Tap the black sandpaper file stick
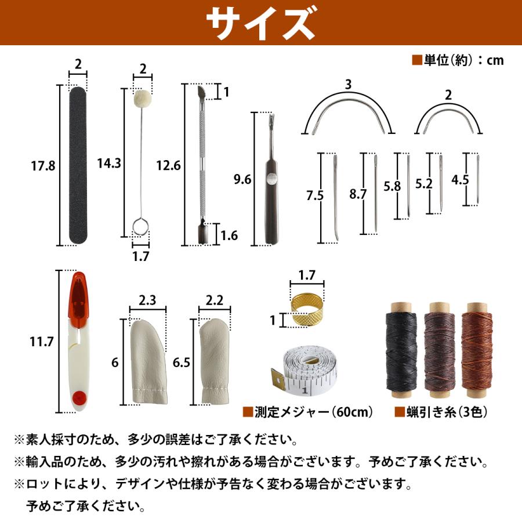click(78, 165)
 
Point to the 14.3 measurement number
click(109, 164)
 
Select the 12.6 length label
click(169, 166)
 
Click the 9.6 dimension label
click(241, 180)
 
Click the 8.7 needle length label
click(358, 194)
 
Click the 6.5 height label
click(181, 362)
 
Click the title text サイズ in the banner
click(260, 23)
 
